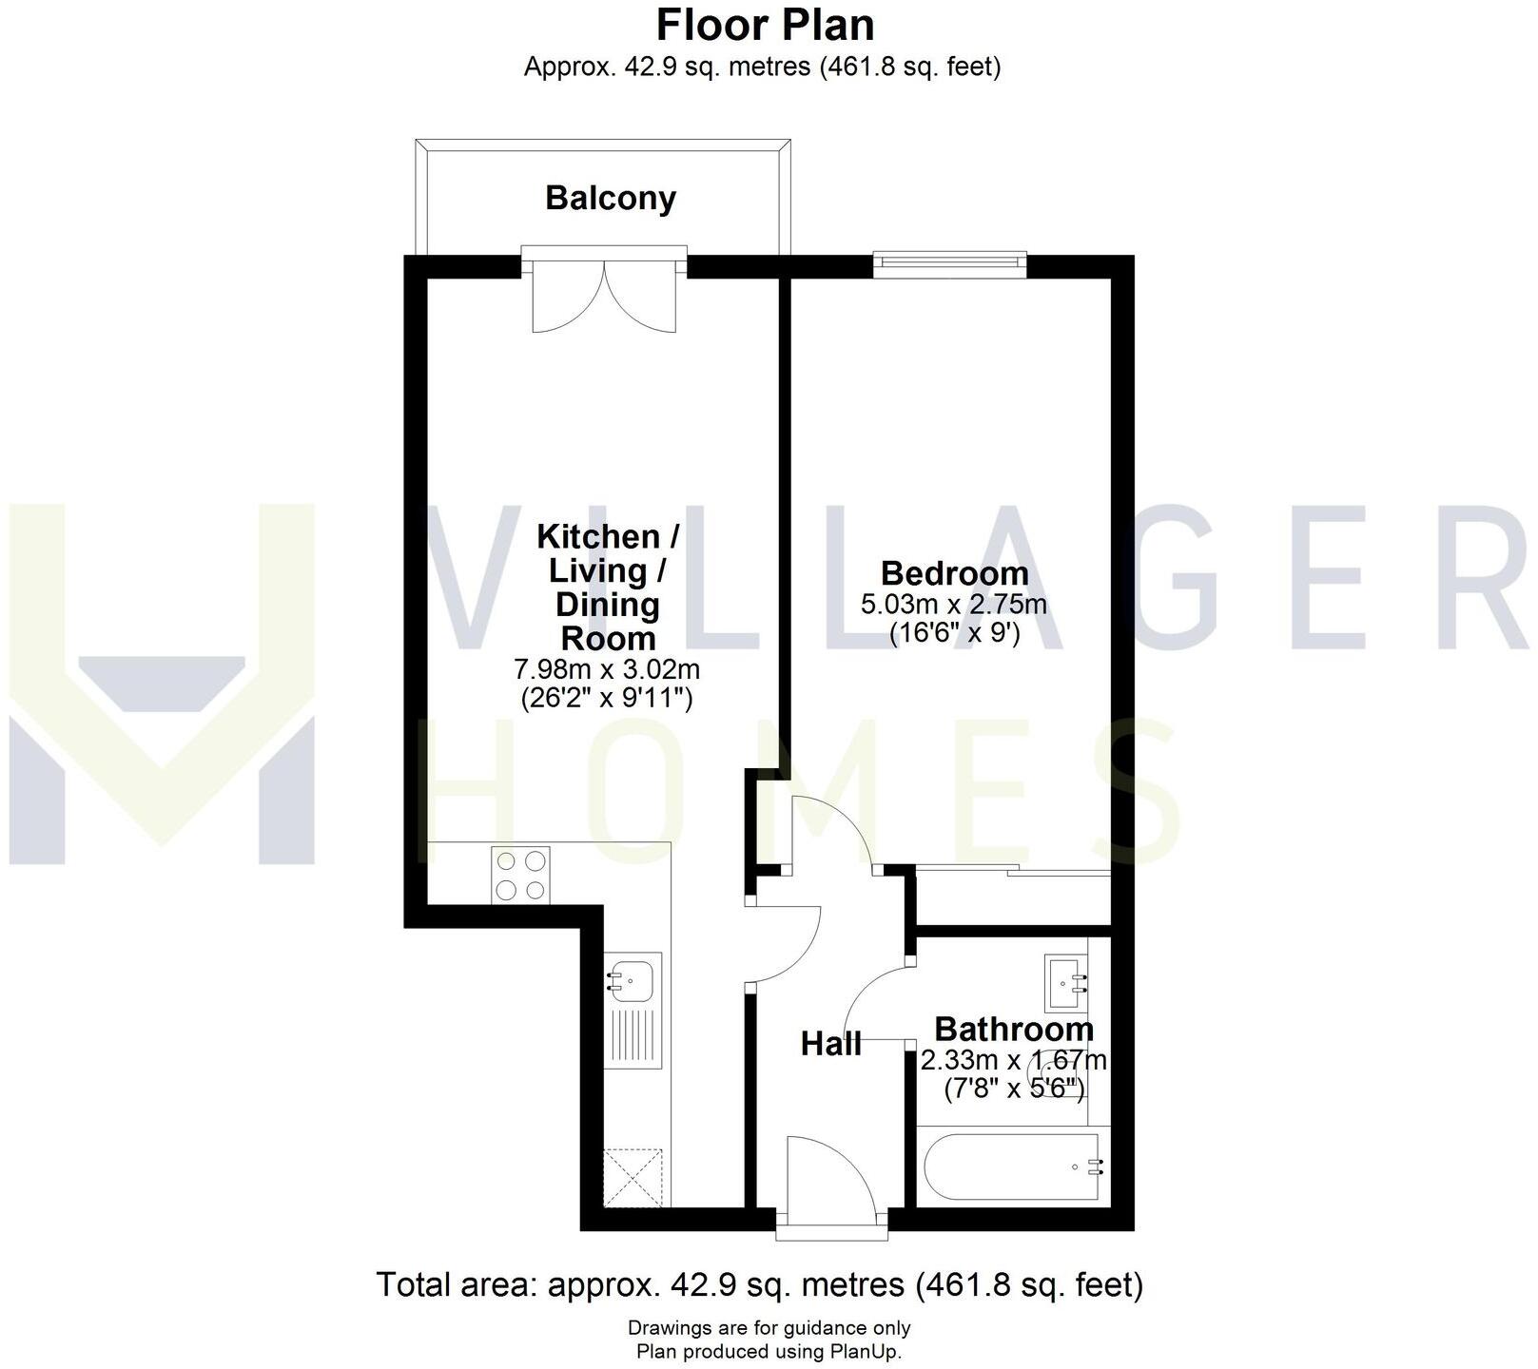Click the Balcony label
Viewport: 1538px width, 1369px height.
(x=610, y=198)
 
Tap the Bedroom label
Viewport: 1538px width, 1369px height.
(x=954, y=573)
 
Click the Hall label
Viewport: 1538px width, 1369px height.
(x=830, y=1044)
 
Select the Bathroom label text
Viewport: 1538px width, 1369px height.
(x=1013, y=1029)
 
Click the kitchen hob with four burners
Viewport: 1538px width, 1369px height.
(x=520, y=875)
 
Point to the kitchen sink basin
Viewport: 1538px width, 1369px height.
(x=631, y=978)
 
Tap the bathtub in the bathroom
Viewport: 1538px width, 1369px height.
(x=1014, y=1167)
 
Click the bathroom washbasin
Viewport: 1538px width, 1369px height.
(x=1064, y=983)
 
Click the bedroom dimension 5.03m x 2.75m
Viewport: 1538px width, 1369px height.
(x=954, y=604)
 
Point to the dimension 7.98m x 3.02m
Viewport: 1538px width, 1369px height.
(x=607, y=669)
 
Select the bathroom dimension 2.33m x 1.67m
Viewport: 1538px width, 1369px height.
(x=1013, y=1059)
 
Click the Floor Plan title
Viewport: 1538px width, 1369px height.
(x=765, y=25)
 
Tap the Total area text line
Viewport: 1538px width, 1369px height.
(x=760, y=1284)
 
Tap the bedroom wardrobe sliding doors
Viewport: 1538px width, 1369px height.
(x=1013, y=871)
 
